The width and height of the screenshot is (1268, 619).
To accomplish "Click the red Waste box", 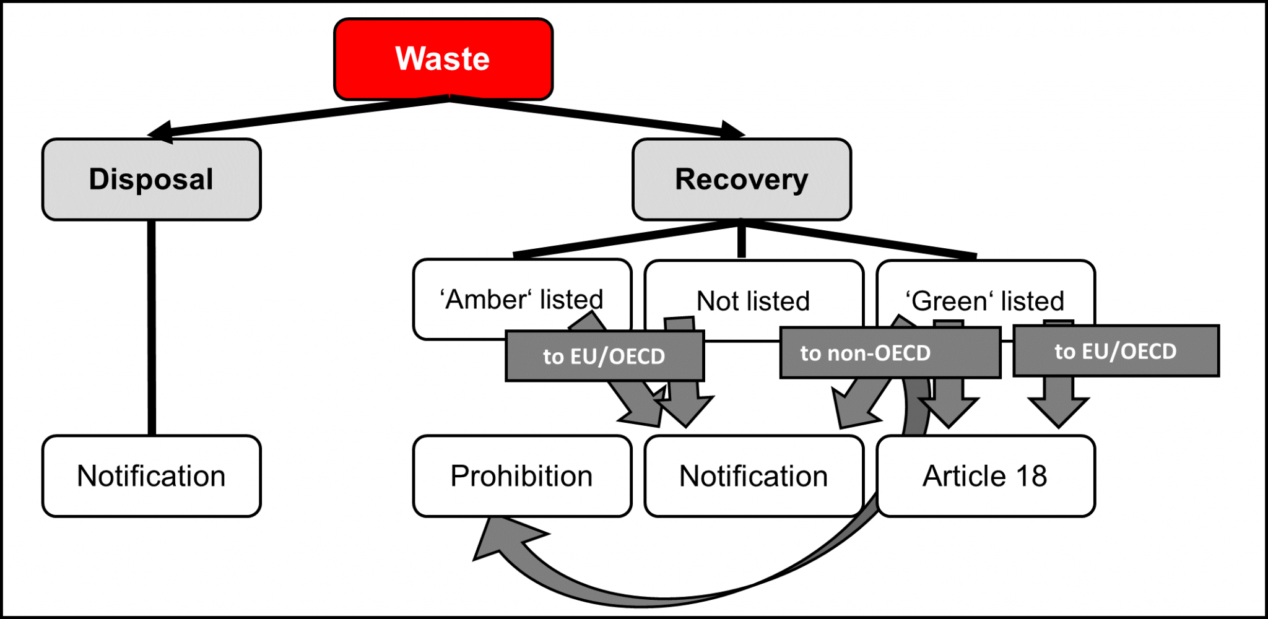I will (443, 59).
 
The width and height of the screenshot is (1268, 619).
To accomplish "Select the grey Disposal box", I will (151, 180).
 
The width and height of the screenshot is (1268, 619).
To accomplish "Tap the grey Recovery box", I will (741, 180).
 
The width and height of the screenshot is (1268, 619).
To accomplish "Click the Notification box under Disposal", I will (151, 476).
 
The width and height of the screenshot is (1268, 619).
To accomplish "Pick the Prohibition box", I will (522, 476).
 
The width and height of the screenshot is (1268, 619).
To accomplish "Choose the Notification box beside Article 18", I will (753, 476).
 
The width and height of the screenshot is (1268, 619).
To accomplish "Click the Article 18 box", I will (985, 476).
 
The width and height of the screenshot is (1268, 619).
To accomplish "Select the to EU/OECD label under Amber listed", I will (604, 356).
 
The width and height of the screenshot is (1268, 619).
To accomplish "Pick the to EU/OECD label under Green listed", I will (1116, 351).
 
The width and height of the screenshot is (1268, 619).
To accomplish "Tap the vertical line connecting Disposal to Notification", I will (151, 328).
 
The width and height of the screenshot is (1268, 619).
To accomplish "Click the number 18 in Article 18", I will (1031, 476).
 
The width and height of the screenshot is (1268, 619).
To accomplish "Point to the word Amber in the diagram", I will (485, 300).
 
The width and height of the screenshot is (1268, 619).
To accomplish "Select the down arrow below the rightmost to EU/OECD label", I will (1058, 408).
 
